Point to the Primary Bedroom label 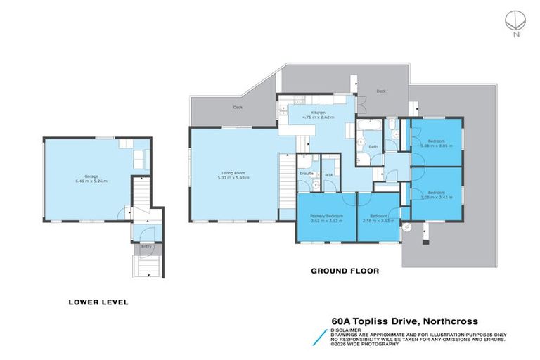(326, 218)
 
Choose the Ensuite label (306, 172)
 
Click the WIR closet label (328, 174)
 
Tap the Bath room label (373, 147)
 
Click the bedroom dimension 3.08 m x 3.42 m (437, 198)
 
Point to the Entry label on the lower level (146, 247)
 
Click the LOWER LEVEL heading (98, 302)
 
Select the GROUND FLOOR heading (345, 270)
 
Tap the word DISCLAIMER (347, 329)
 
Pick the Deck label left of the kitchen (238, 108)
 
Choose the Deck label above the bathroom (380, 91)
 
